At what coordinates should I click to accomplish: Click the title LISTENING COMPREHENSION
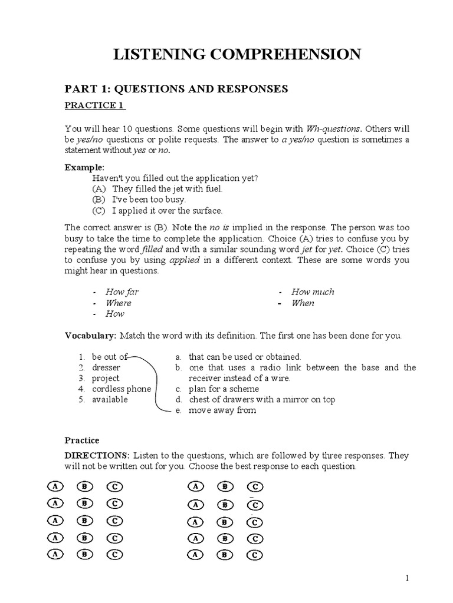coord(237,55)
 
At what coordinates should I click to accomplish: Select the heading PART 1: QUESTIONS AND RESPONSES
coord(176,88)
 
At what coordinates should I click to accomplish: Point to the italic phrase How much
coord(313,291)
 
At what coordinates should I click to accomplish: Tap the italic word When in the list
coord(303,303)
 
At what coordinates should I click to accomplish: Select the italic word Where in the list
coord(118,303)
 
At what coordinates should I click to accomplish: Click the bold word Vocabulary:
coord(90,336)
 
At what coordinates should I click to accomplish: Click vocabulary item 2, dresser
coord(106,367)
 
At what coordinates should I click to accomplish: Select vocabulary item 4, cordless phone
coord(121,389)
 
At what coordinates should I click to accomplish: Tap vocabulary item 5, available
coord(110,399)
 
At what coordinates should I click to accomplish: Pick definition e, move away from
coord(222,410)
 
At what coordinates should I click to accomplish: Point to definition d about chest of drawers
coord(261,399)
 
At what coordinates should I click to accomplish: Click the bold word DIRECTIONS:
coord(97,456)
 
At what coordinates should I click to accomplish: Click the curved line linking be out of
coord(155,383)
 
